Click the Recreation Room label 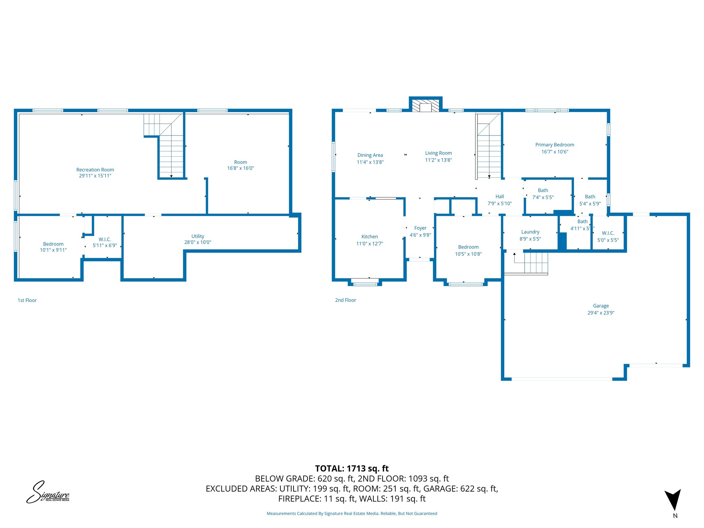[95, 169]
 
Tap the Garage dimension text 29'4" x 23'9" [601, 313]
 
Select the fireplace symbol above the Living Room [426, 106]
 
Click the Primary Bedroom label [554, 145]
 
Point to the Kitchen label [370, 236]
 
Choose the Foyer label [420, 228]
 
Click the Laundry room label [530, 232]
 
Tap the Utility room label [198, 236]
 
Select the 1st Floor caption [27, 300]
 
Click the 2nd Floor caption [345, 300]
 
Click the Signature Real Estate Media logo [48, 492]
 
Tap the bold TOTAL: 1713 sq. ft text [352, 469]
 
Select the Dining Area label [370, 155]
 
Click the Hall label [499, 196]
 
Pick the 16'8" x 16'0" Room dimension [240, 168]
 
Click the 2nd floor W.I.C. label [608, 233]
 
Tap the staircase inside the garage [531, 263]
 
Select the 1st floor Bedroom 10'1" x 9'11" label [53, 244]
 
